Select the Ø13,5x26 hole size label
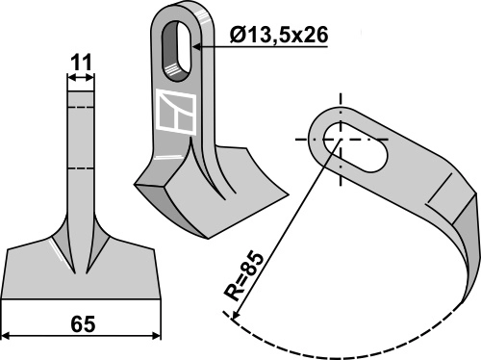pos(278,36)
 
